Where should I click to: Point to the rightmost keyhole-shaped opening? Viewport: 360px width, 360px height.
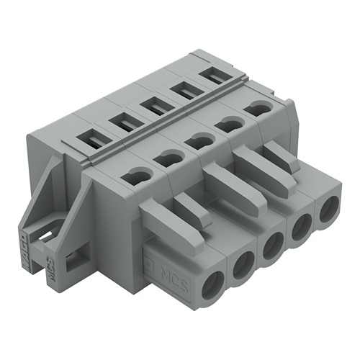(256, 108)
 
